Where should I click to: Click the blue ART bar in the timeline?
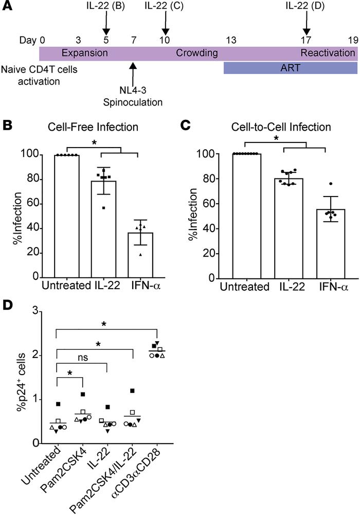tap(290, 68)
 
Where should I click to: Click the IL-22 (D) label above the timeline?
tap(306, 6)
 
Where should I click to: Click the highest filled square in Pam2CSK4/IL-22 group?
tap(133, 391)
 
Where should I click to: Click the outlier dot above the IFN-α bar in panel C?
tap(317, 184)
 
